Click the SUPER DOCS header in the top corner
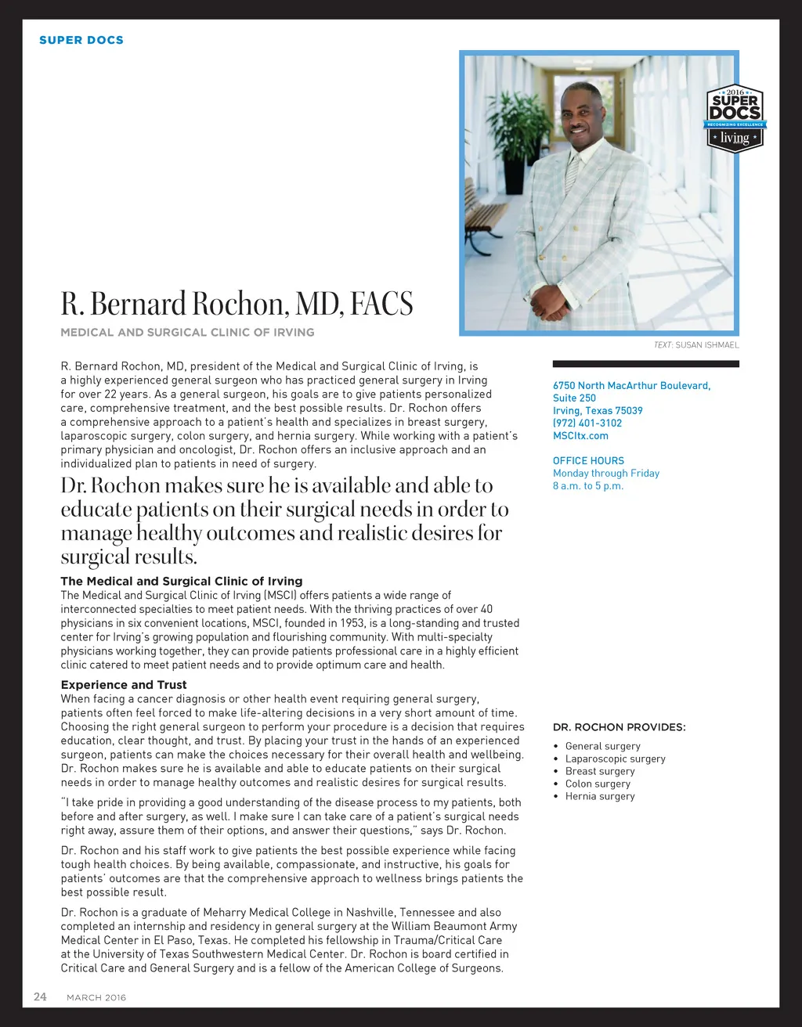[x=81, y=40]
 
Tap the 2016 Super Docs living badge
[x=735, y=118]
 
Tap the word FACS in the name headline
[x=381, y=304]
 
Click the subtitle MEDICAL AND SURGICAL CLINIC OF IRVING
[x=187, y=333]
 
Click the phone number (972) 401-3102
[x=587, y=423]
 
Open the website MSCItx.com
[x=580, y=436]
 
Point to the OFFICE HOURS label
[x=588, y=461]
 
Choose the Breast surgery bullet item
[x=600, y=771]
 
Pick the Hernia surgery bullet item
[x=600, y=796]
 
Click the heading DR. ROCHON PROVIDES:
[x=619, y=727]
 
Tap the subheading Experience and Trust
[x=124, y=685]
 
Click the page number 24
[x=40, y=996]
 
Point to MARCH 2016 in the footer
[x=96, y=997]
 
